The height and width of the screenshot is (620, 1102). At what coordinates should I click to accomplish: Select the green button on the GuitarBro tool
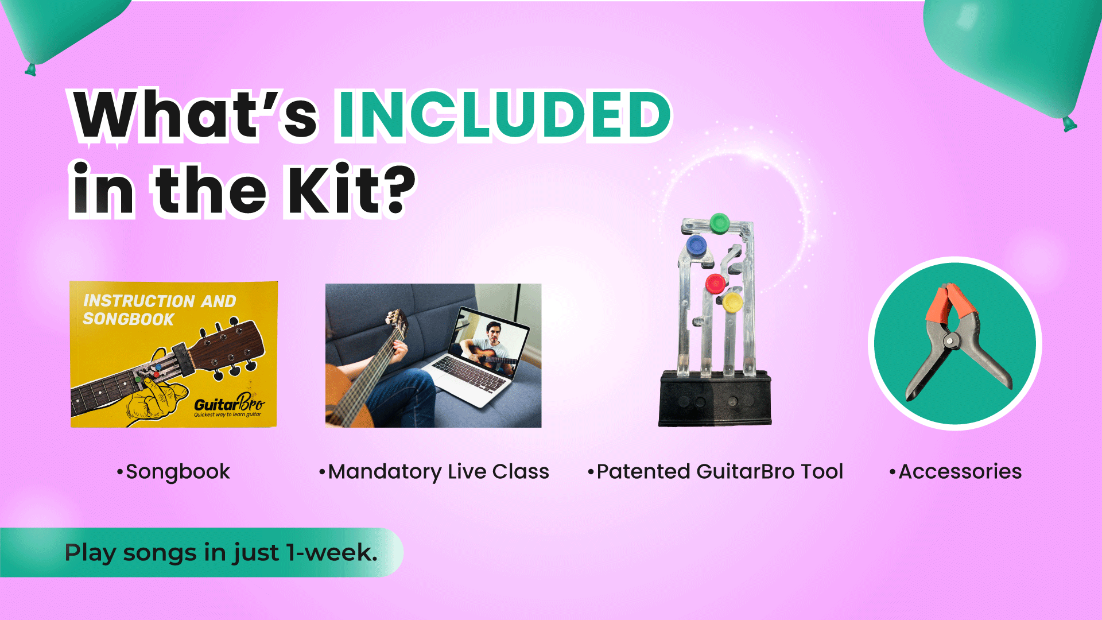(x=719, y=223)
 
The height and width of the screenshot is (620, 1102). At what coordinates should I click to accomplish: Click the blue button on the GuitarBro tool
(x=696, y=246)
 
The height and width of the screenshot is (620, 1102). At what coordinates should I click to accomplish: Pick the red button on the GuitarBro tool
(x=715, y=284)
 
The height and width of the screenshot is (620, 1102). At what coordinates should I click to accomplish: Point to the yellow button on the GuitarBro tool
(x=732, y=301)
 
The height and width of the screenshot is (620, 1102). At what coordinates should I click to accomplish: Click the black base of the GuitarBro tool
(x=715, y=398)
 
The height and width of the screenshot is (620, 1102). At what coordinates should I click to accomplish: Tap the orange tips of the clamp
(x=951, y=305)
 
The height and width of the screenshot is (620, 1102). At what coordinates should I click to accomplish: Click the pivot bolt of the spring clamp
(x=951, y=342)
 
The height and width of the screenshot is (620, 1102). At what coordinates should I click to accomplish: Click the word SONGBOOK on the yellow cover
(x=129, y=319)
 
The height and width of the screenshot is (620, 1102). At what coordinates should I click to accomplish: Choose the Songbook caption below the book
(x=173, y=472)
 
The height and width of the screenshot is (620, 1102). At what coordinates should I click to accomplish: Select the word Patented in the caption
(x=643, y=472)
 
